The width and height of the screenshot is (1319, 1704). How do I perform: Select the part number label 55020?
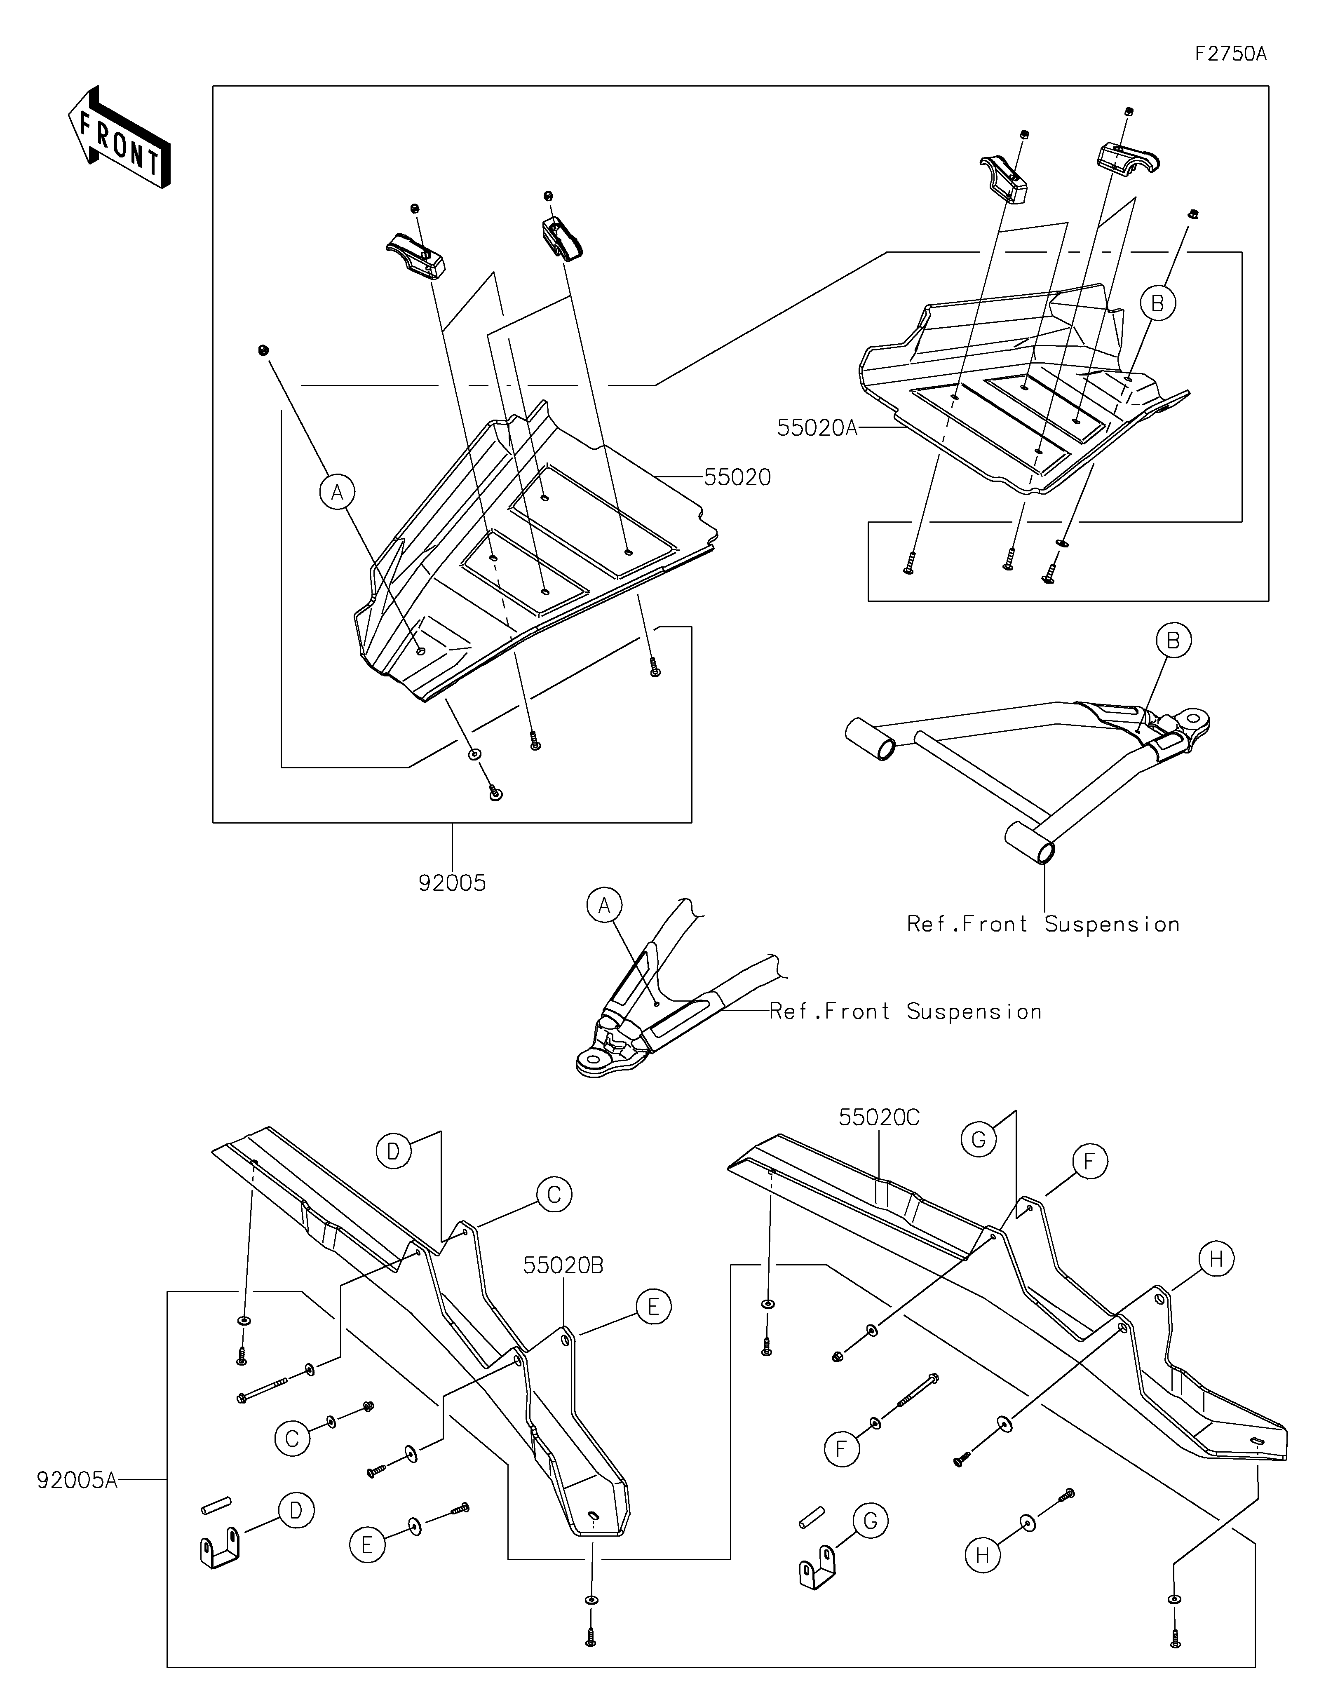click(x=737, y=477)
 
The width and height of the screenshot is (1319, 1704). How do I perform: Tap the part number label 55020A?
click(x=817, y=427)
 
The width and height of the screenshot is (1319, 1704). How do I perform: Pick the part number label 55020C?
click(x=879, y=1118)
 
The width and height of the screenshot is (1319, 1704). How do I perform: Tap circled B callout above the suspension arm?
click(x=1173, y=641)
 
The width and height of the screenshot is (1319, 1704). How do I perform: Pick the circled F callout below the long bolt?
click(x=842, y=1449)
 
